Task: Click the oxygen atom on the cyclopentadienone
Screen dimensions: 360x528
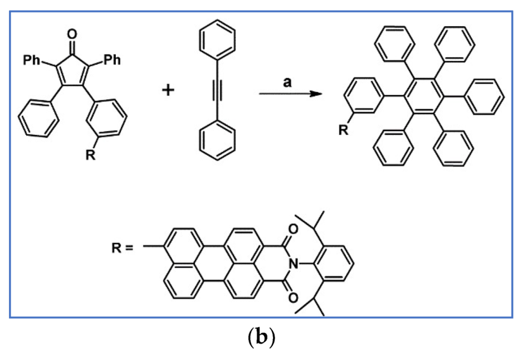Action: point(71,35)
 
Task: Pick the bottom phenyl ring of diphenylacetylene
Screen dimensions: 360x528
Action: point(216,144)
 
